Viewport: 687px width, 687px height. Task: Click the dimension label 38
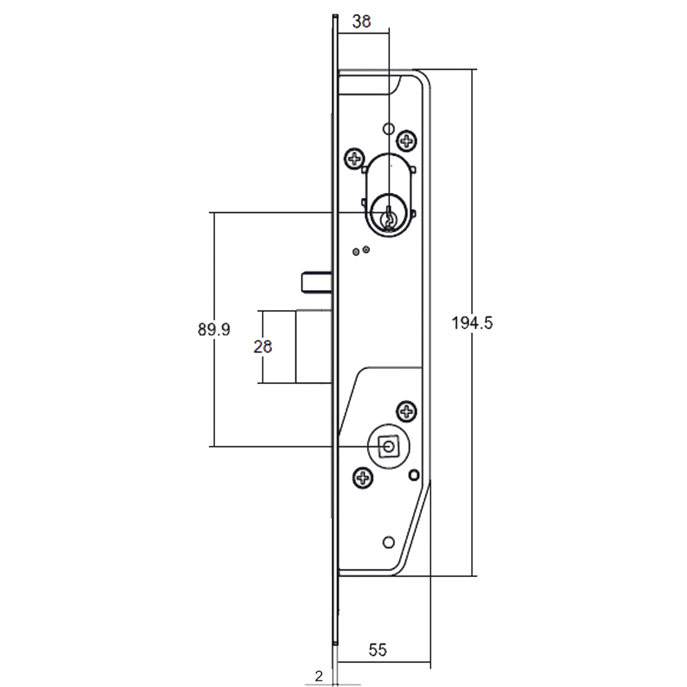361,22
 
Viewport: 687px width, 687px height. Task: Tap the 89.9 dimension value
214,330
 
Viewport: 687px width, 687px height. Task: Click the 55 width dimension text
378,650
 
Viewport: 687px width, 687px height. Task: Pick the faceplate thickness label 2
319,676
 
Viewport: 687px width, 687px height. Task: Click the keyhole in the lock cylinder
389,218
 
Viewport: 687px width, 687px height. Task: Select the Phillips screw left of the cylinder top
354,158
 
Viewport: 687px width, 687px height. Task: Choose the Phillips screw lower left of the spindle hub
363,478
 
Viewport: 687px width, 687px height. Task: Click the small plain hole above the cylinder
388,128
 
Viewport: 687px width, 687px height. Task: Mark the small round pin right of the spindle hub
414,475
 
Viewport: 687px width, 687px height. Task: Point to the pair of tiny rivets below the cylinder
361,251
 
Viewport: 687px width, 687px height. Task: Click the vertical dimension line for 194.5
472,323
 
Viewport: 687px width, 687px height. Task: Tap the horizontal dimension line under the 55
384,662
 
